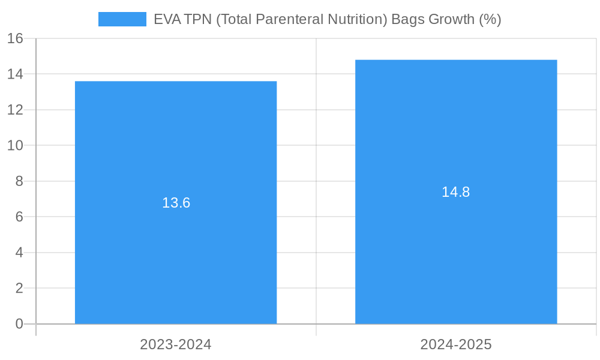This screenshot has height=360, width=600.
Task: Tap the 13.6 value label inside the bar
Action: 176,203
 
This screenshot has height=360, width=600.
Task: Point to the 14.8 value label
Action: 456,192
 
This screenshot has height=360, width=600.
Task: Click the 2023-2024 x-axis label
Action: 176,344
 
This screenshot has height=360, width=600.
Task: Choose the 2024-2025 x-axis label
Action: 456,344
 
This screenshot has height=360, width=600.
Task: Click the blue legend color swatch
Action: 122,19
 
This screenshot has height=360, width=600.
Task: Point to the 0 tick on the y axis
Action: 19,324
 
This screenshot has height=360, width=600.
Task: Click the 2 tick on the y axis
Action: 19,288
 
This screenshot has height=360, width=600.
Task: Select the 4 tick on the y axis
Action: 19,253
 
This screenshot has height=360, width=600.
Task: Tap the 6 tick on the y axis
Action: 19,217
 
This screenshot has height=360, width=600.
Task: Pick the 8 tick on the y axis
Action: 19,181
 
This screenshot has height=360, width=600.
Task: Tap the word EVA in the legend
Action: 166,19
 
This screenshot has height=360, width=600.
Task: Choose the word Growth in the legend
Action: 451,19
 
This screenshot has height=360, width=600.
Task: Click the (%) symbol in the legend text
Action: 490,19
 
